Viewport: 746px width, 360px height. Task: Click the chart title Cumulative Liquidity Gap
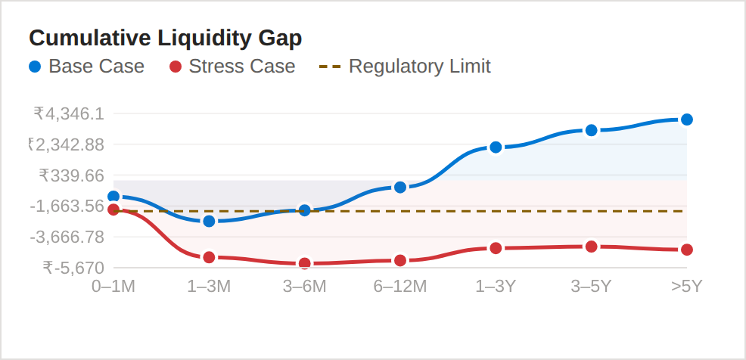165,38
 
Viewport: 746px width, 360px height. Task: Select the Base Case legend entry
86,67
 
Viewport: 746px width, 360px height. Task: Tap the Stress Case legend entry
232,67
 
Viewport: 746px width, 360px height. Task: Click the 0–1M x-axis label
113,286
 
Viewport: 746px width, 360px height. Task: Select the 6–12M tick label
400,286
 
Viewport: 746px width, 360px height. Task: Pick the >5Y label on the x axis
686,286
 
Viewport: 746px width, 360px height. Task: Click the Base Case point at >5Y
687,119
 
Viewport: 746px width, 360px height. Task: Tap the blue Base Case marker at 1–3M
210,221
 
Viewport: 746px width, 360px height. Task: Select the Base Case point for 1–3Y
496,147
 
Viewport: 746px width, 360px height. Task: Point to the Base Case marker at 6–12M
400,187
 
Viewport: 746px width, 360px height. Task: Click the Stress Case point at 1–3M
210,257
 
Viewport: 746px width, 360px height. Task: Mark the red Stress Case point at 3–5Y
592,247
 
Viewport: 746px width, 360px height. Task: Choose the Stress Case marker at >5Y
687,250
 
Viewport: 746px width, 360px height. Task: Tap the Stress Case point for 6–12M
400,260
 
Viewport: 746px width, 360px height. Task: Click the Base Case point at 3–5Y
592,130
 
